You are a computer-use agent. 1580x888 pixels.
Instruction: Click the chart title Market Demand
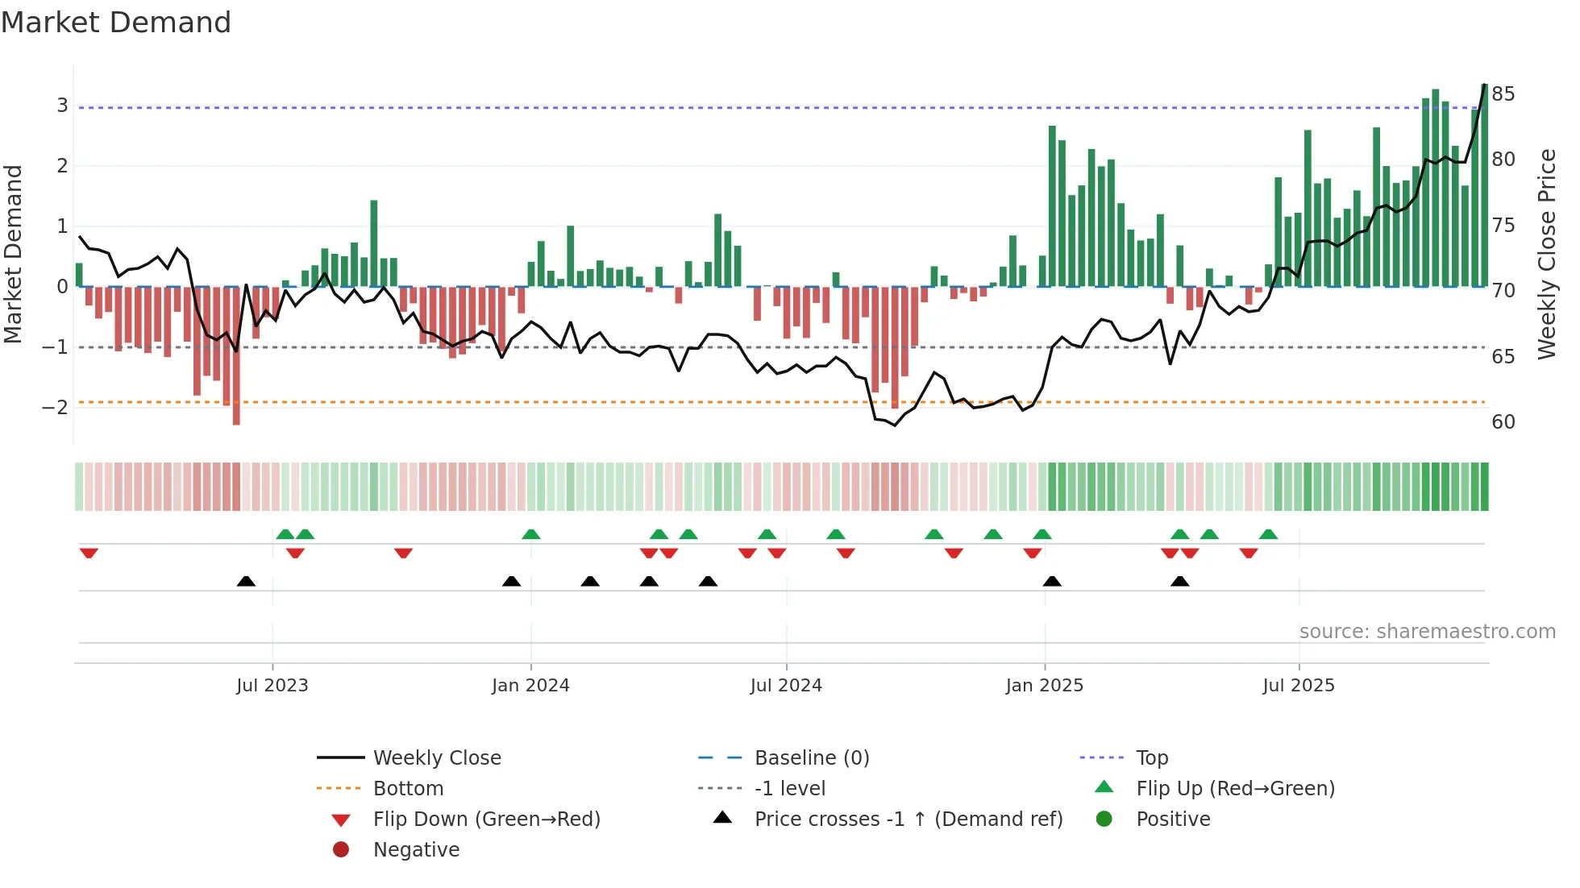pos(116,23)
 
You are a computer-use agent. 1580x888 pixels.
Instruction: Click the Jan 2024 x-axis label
pos(530,686)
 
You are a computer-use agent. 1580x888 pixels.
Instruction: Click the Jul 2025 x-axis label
pos(1299,686)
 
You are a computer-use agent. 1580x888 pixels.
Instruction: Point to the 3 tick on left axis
pos(62,106)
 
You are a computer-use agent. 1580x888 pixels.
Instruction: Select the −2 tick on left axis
pos(56,407)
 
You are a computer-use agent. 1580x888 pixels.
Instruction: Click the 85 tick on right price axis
pos(1503,94)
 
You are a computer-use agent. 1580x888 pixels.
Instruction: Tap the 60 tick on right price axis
pos(1503,421)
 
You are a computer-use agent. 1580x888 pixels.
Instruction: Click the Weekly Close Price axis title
pos(1546,254)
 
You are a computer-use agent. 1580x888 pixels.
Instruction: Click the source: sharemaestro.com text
pos(1427,632)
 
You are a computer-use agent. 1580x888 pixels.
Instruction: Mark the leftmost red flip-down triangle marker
pos(89,553)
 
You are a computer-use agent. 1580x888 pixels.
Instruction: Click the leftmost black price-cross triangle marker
pos(246,581)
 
